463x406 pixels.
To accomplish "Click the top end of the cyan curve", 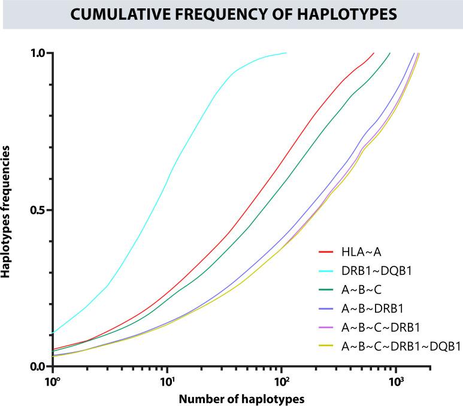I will coord(286,53).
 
